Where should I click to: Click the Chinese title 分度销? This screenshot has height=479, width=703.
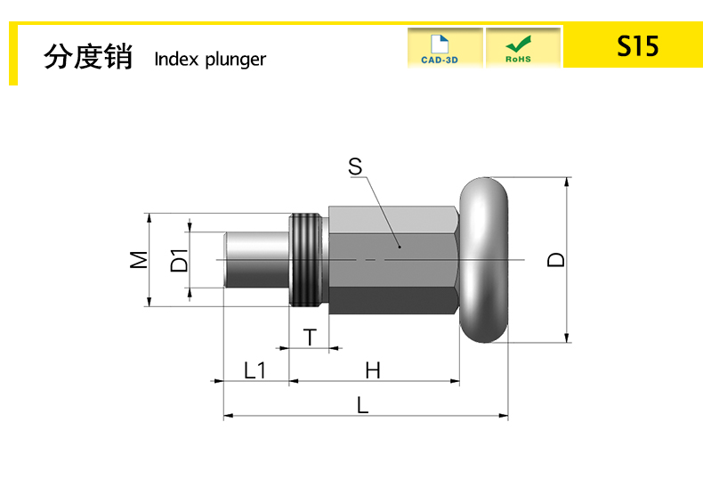click(x=88, y=57)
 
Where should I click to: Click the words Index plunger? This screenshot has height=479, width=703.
click(x=210, y=60)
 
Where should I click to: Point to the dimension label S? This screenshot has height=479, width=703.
click(x=355, y=166)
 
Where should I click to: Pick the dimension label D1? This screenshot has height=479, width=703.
click(x=179, y=260)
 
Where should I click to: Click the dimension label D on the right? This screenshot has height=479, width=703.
click(x=556, y=259)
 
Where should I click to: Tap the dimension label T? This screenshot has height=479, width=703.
click(x=309, y=337)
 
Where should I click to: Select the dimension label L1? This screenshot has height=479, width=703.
click(x=255, y=369)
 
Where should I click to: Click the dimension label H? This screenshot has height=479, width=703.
click(x=373, y=369)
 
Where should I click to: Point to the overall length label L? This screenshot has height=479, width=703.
click(x=362, y=404)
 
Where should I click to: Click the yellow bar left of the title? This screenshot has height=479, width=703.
click(x=13, y=54)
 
